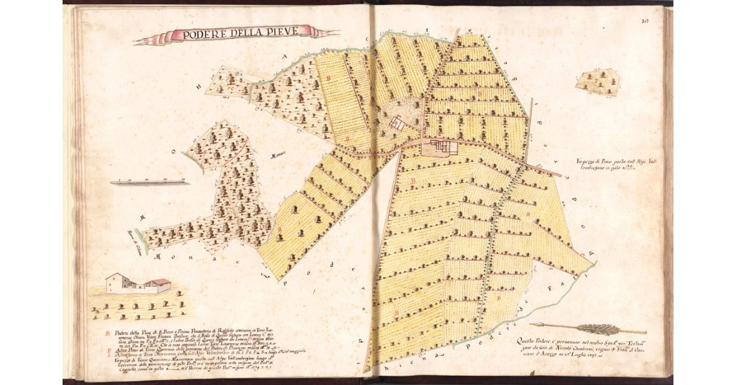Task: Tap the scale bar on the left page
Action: [x=150, y=182]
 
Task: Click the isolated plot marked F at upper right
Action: [x=597, y=80]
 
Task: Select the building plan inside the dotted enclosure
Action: [x=396, y=123]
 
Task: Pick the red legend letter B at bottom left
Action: [x=108, y=334]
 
